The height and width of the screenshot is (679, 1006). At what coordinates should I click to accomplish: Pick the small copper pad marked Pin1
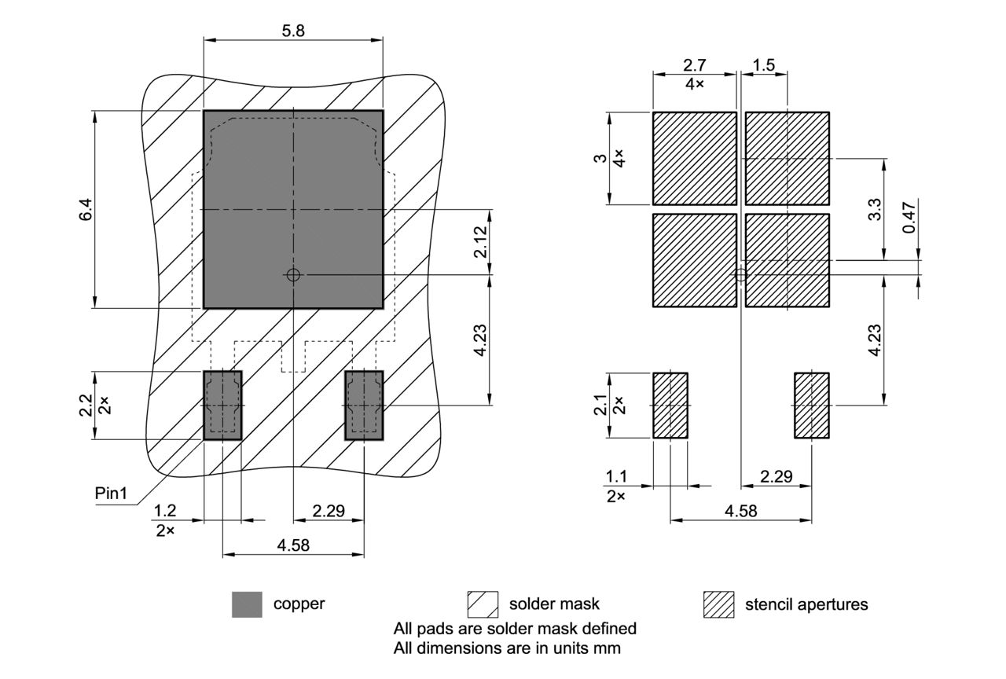tap(223, 405)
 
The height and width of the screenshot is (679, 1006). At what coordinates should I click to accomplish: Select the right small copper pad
tap(365, 405)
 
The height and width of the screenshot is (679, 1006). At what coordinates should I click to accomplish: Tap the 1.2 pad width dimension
tap(165, 510)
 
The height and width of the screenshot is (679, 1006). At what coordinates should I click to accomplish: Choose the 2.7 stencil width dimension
tap(695, 65)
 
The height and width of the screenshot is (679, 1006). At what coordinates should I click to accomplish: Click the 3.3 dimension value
tap(876, 209)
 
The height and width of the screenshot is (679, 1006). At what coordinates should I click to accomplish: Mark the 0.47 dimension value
tap(909, 217)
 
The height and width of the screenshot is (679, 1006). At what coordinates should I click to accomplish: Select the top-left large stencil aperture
tap(695, 158)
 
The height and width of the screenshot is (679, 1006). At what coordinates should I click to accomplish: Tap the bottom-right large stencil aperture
tap(788, 260)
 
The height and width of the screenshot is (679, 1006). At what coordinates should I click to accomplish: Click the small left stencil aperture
tap(670, 405)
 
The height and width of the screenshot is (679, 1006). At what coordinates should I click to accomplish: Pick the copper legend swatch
tap(247, 604)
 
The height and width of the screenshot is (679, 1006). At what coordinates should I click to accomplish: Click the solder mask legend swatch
tap(483, 604)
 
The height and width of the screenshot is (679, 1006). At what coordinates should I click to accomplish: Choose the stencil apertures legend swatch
tap(718, 604)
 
